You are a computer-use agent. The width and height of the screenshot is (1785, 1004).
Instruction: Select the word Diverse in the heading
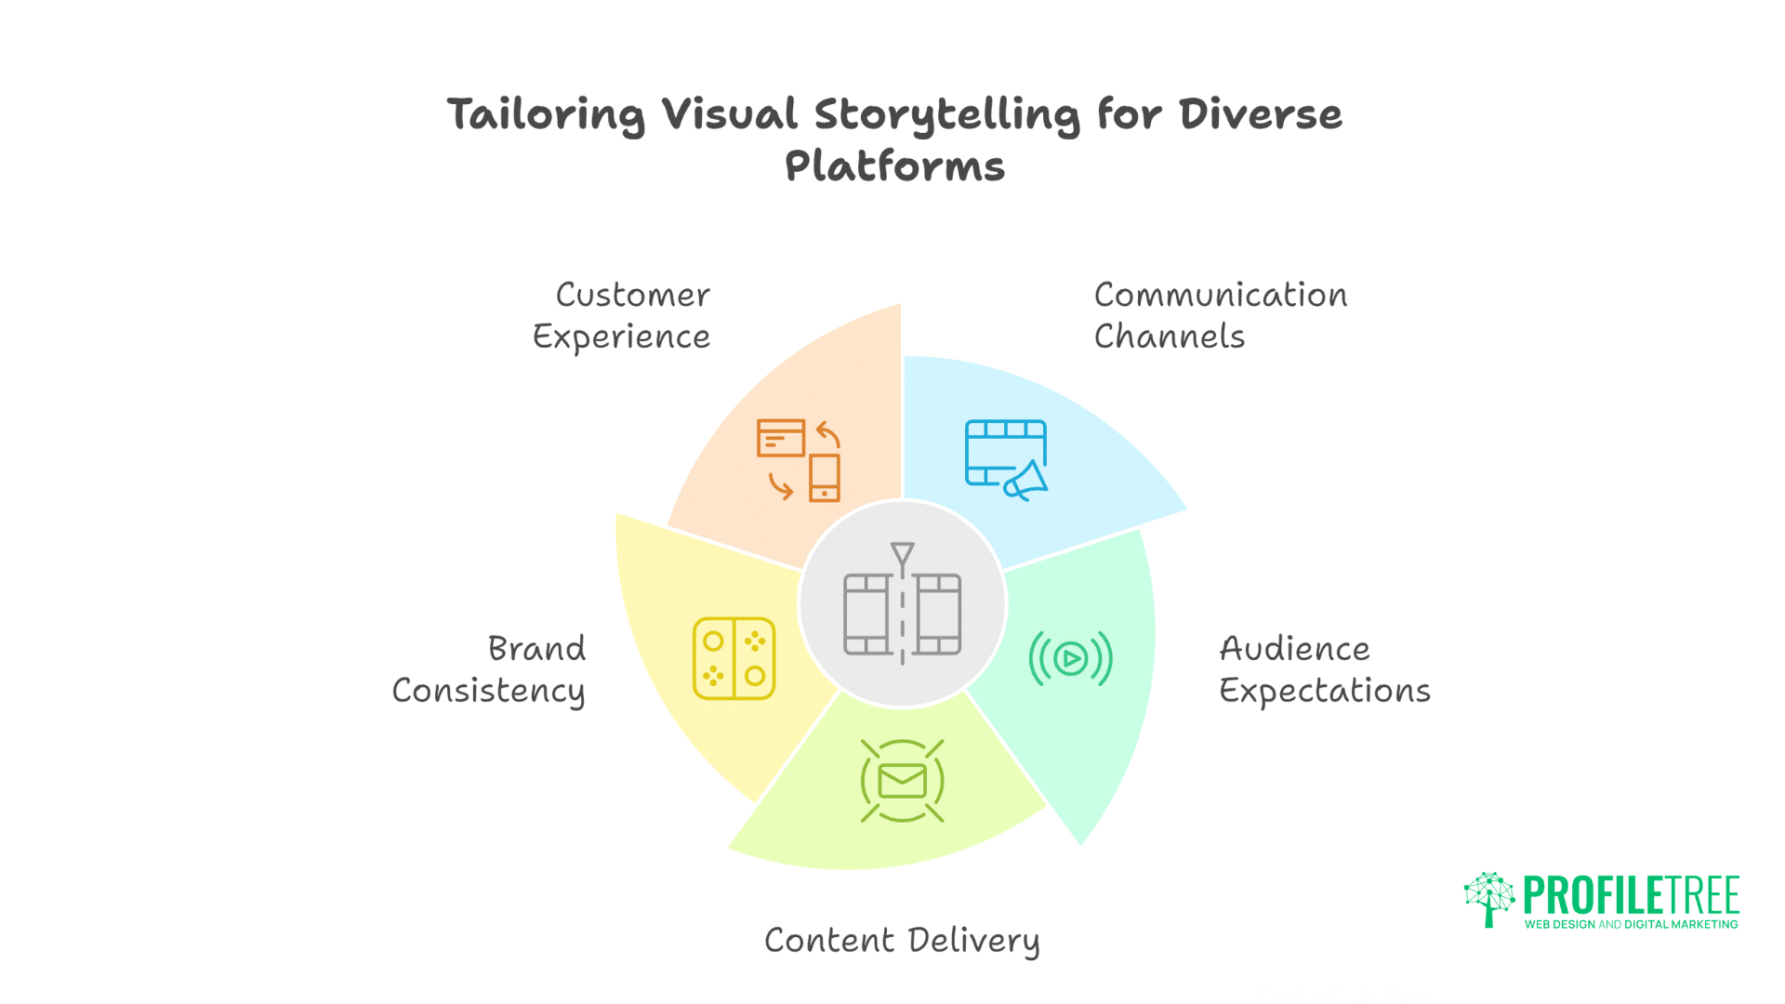(1260, 114)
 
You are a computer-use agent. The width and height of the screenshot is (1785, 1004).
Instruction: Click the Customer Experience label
(622, 316)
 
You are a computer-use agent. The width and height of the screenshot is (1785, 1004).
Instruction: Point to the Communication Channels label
(1219, 316)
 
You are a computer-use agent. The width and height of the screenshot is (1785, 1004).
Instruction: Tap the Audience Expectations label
(1323, 669)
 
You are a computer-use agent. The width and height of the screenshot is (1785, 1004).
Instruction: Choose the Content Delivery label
(902, 941)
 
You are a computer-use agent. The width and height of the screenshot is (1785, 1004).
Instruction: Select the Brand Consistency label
(490, 669)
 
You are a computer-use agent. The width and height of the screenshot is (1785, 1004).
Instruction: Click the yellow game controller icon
(734, 658)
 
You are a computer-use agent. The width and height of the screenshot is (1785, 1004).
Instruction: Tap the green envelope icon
(902, 781)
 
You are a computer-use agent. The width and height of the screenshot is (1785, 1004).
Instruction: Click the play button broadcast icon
(1070, 658)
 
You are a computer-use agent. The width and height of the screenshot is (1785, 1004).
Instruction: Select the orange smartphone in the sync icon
(824, 478)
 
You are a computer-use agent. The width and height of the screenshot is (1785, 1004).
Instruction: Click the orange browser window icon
(780, 438)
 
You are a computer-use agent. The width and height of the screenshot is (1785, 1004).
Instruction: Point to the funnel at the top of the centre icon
(902, 555)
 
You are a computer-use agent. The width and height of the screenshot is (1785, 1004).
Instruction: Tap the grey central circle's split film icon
(902, 614)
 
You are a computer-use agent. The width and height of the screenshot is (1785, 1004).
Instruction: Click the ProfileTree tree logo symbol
(1488, 898)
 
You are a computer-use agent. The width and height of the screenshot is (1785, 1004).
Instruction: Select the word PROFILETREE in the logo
(1631, 895)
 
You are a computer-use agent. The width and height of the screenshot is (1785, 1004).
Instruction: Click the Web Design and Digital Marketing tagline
(1631, 925)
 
